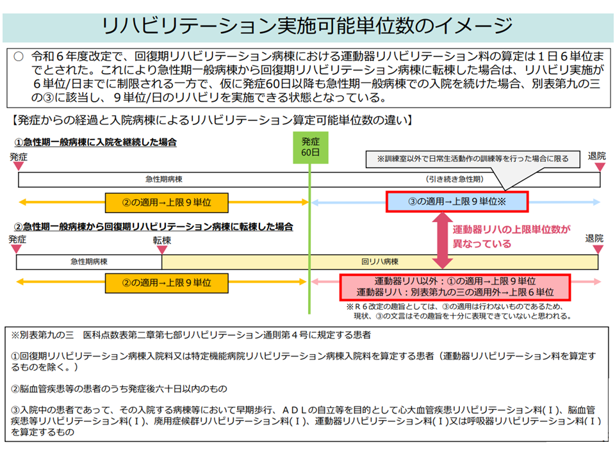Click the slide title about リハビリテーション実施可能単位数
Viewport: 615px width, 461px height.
click(307, 26)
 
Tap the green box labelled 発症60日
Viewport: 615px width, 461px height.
click(310, 149)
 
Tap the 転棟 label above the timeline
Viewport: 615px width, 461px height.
click(161, 240)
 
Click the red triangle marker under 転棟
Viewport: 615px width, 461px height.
click(161, 250)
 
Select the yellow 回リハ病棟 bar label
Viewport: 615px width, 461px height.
click(380, 262)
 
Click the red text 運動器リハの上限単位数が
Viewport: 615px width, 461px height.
click(511, 229)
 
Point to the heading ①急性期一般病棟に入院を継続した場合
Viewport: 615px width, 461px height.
click(95, 142)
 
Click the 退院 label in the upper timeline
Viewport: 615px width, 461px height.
click(596, 156)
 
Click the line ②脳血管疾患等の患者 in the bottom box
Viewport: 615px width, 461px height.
click(119, 388)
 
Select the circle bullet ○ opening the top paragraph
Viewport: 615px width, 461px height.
click(19, 56)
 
